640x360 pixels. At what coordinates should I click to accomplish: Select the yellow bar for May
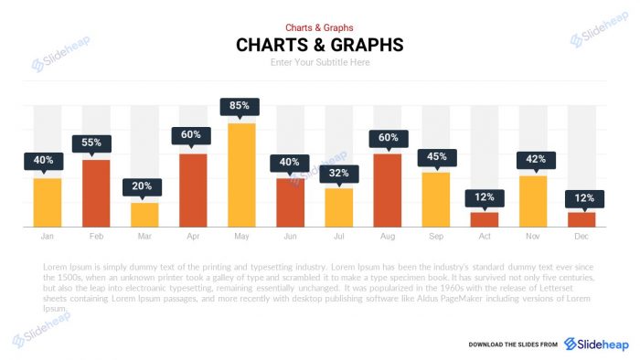pos(240,175)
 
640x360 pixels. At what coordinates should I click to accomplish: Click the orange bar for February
pos(95,193)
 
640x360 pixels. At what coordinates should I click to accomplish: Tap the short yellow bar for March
pos(144,214)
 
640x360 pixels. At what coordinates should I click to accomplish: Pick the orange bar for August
pos(387,190)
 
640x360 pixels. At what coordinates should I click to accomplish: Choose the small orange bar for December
pos(581,219)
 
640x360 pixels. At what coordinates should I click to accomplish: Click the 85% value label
pos(240,106)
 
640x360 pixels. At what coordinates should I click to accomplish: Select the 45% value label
pos(436,156)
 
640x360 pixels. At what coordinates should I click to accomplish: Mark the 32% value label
pos(338,172)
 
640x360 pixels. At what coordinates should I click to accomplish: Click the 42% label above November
pos(536,159)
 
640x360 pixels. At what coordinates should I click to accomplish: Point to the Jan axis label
pos(47,237)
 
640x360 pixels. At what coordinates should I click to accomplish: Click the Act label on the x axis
pos(484,237)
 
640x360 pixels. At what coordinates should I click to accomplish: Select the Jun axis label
pos(290,237)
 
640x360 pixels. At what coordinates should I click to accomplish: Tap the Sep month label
pos(435,237)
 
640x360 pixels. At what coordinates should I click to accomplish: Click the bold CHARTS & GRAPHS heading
pos(319,45)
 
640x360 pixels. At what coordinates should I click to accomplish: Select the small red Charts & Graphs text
pos(319,28)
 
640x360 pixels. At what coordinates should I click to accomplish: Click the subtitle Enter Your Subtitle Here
pos(319,62)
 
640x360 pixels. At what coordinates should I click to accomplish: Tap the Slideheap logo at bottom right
pos(595,344)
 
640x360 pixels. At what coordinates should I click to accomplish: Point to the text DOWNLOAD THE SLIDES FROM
pos(512,344)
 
